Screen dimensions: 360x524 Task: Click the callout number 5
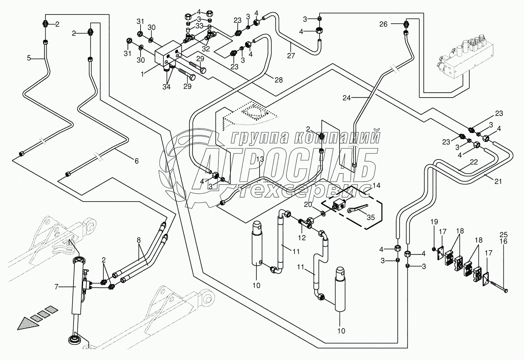click(x=28, y=58)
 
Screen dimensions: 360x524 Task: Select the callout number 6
click(x=136, y=161)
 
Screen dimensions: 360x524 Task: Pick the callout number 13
click(x=260, y=159)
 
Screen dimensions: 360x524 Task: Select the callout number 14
click(x=377, y=185)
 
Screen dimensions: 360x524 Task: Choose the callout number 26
click(x=383, y=24)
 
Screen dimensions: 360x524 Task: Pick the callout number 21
click(x=498, y=181)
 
